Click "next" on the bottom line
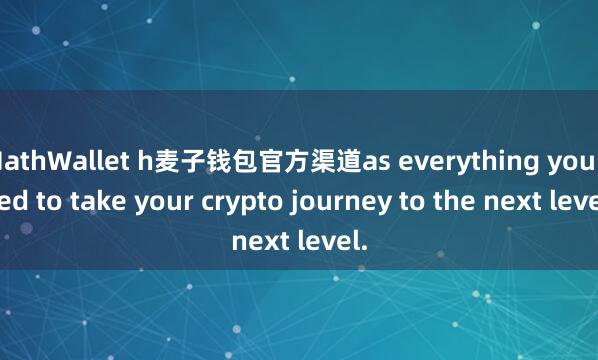tap(257, 241)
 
